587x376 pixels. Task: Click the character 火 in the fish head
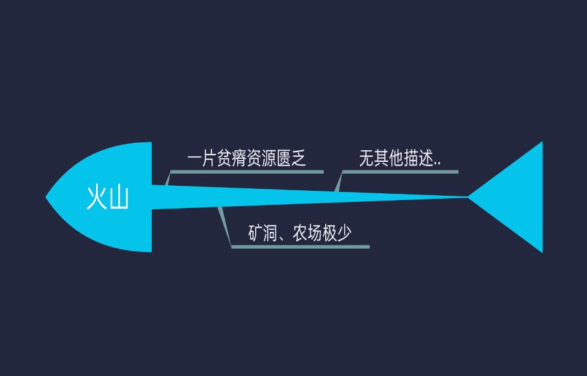pyautogui.click(x=97, y=198)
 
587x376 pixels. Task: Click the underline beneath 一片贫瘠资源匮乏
pyautogui.click(x=247, y=172)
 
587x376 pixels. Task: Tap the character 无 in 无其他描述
pyautogui.click(x=367, y=159)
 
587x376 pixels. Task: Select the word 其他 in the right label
pyautogui.click(x=389, y=159)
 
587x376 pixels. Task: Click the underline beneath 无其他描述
pyautogui.click(x=400, y=172)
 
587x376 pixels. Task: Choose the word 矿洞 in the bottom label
pyautogui.click(x=263, y=233)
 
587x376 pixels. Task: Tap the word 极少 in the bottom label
pyautogui.click(x=336, y=233)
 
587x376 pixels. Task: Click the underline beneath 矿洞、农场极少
pyautogui.click(x=300, y=247)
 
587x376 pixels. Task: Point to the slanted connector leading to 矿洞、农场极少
pyautogui.click(x=225, y=226)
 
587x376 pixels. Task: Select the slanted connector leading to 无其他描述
pyautogui.click(x=339, y=181)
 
